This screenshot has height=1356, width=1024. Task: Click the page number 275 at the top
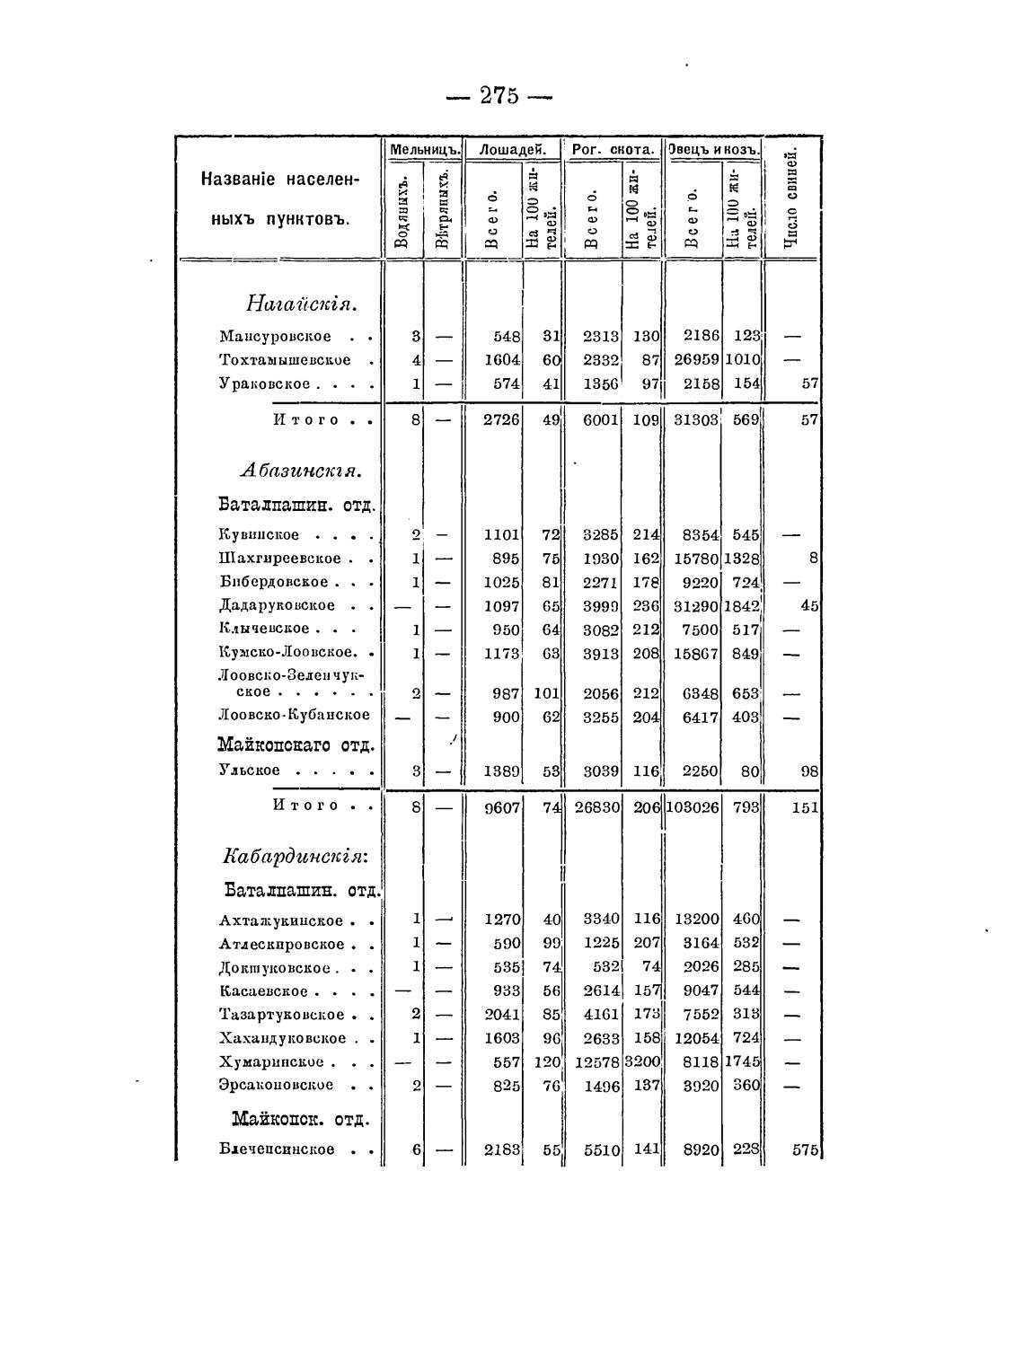pyautogui.click(x=499, y=95)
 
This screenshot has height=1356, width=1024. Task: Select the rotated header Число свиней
pyautogui.click(x=790, y=198)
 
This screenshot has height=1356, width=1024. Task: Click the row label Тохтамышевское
pyautogui.click(x=286, y=360)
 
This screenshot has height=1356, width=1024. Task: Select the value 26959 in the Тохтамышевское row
pyautogui.click(x=697, y=360)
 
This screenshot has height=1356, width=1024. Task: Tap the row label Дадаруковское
pyautogui.click(x=278, y=605)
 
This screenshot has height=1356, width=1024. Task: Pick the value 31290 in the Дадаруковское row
pyautogui.click(x=697, y=606)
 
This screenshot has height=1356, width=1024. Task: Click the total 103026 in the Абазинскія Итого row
pyautogui.click(x=693, y=807)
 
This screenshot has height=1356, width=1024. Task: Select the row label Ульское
pyautogui.click(x=250, y=770)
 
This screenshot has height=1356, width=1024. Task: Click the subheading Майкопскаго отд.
pyautogui.click(x=296, y=745)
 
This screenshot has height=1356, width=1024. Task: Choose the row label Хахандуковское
pyautogui.click(x=283, y=1039)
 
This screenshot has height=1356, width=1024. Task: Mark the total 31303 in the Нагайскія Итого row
pyautogui.click(x=697, y=420)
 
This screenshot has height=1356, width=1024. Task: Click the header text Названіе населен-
pyautogui.click(x=279, y=179)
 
